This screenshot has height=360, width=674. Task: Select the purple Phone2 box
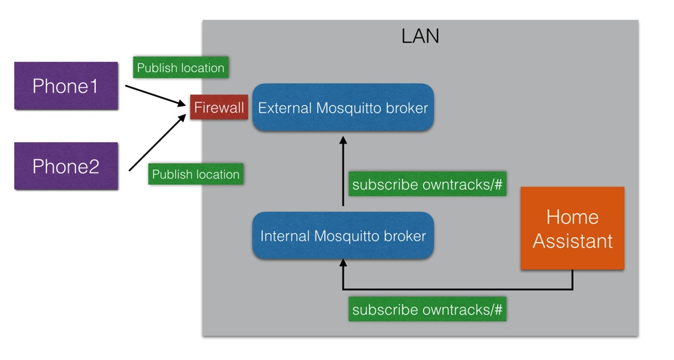click(66, 166)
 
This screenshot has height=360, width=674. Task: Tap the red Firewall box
click(218, 108)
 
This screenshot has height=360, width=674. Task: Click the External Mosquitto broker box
click(342, 108)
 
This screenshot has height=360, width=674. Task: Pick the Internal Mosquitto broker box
click(342, 236)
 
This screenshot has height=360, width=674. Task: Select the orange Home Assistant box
click(572, 229)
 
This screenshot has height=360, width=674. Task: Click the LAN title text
click(420, 36)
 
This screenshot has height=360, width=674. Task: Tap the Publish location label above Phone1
click(180, 68)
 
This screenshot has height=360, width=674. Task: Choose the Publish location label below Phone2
click(195, 175)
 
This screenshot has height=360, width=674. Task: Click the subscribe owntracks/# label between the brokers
click(427, 185)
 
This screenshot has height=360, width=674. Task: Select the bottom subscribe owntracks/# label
click(427, 310)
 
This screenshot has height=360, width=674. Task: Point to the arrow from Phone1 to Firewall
click(155, 95)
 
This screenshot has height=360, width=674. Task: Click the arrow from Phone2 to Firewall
click(156, 142)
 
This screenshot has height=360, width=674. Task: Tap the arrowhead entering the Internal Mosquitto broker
click(343, 264)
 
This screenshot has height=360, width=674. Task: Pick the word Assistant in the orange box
click(572, 241)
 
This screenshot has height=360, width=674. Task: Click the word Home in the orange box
click(572, 217)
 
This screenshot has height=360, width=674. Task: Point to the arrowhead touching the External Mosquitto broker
click(343, 140)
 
